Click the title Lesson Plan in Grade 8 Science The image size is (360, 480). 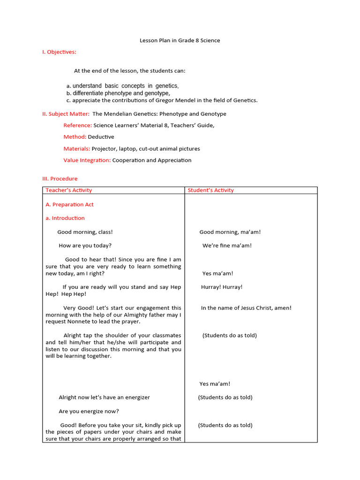tap(180, 40)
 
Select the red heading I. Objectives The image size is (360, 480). tap(59, 52)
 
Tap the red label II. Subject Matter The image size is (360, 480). tap(66, 114)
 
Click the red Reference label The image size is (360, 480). tap(77, 126)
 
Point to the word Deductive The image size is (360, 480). tap(101, 137)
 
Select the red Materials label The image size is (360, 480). tap(77, 149)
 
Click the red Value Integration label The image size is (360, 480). tap(87, 160)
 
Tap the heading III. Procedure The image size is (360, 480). tap(60, 179)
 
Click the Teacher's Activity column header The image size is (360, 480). tap(69, 190)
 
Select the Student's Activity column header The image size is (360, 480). tap(210, 190)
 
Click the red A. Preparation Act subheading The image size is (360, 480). tap(69, 204)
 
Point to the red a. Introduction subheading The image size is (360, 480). tap(65, 218)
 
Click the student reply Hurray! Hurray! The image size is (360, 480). tap(222, 287)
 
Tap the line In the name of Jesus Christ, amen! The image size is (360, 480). tap(246, 308)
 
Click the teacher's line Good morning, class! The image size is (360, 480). tap(85, 232)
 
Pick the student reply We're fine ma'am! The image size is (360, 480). tap(227, 246)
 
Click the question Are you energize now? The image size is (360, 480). tap(89, 412)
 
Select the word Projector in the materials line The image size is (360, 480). tap(104, 149)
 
